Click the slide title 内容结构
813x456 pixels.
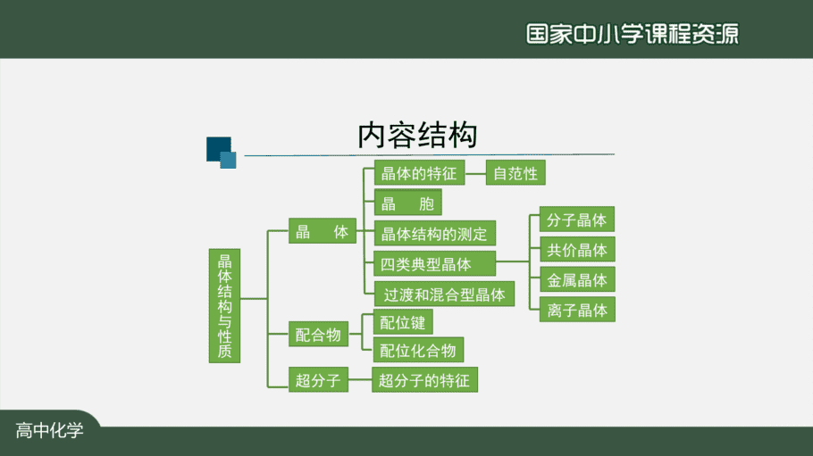tap(417, 136)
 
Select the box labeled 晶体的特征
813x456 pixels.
tap(420, 172)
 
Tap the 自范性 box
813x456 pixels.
tap(515, 172)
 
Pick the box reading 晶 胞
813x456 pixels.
tap(408, 203)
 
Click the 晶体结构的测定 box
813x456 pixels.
tap(434, 233)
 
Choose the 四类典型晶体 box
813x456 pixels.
tap(434, 264)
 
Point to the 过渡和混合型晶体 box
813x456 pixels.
tap(444, 294)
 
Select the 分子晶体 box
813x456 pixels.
tap(577, 220)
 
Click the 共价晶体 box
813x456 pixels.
tap(577, 249)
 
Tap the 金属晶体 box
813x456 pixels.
tap(577, 279)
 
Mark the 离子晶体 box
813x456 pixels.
tap(577, 310)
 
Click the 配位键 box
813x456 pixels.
tap(403, 322)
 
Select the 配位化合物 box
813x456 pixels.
tap(418, 350)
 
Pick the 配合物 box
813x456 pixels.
tap(318, 335)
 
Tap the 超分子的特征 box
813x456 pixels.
tap(424, 380)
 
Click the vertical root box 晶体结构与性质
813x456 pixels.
tap(224, 306)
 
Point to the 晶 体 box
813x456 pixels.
tap(323, 231)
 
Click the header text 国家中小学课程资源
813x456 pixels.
tap(632, 34)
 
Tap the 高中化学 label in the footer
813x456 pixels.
tap(49, 430)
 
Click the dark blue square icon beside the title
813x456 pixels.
tap(219, 149)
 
